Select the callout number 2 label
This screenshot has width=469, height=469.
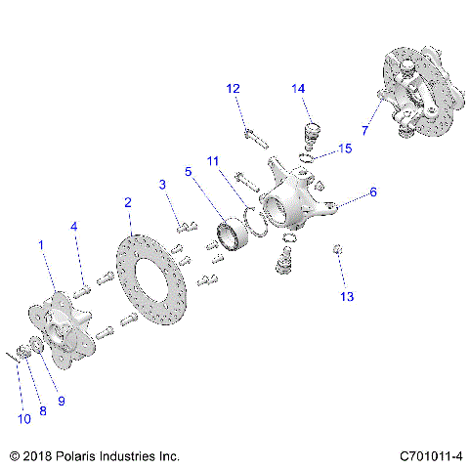click(127, 202)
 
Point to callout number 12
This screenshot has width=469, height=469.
click(233, 89)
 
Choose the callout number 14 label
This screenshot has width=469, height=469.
click(299, 89)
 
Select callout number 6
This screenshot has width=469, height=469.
click(372, 193)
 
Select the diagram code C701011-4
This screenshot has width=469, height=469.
click(430, 455)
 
